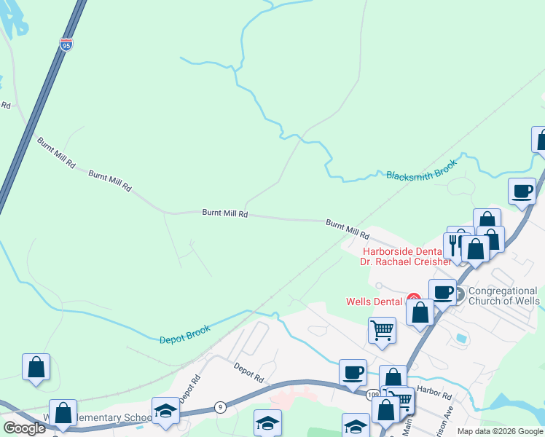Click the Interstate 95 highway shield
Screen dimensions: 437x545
click(x=66, y=45)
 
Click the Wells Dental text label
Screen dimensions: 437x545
click(x=374, y=302)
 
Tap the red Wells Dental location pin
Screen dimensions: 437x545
click(x=413, y=299)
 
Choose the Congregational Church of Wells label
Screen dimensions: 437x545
click(x=503, y=296)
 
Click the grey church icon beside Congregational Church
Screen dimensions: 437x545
click(x=458, y=294)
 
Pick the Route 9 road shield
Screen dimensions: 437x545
click(x=220, y=407)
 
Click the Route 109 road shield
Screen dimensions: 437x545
click(x=373, y=394)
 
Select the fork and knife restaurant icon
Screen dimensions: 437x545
click(x=454, y=243)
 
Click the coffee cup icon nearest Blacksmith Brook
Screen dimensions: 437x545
click(x=521, y=192)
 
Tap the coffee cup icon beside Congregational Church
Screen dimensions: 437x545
click(x=442, y=292)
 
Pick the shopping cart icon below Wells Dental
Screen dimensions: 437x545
click(x=382, y=331)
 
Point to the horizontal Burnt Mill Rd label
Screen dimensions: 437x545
click(x=225, y=213)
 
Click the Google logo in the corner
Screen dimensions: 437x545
click(x=24, y=428)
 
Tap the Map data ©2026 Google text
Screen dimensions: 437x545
click(x=499, y=431)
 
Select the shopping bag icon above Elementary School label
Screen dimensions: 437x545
click(x=63, y=413)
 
